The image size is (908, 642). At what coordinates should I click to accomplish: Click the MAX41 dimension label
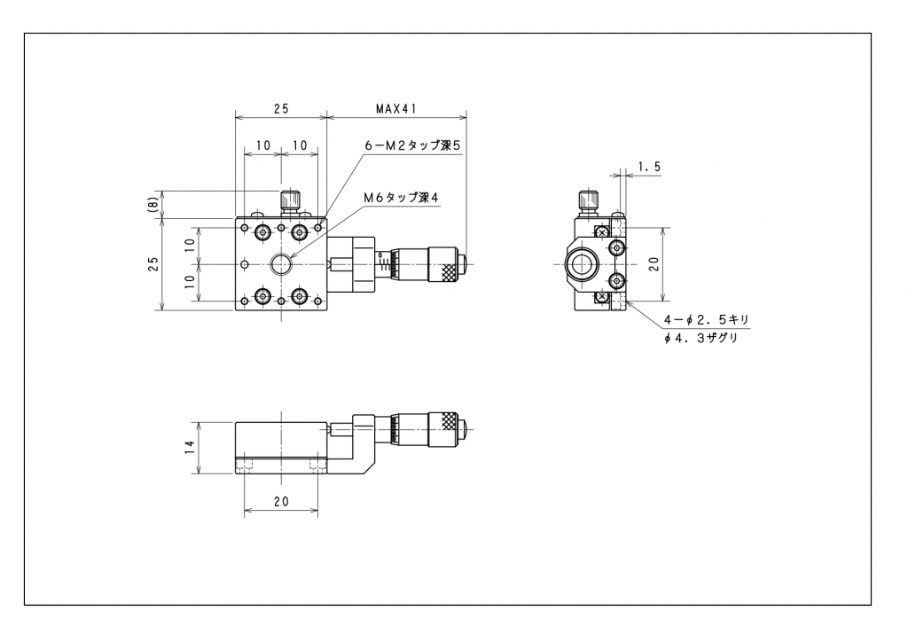[396, 108]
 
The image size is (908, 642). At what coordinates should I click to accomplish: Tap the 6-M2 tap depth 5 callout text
[412, 145]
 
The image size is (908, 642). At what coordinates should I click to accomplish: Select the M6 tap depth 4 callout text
[402, 198]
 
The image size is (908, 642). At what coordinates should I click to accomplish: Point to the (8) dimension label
[153, 205]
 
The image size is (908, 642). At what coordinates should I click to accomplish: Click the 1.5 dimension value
[649, 167]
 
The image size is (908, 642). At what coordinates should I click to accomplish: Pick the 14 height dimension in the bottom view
[190, 448]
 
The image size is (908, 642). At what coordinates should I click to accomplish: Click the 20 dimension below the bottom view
[281, 501]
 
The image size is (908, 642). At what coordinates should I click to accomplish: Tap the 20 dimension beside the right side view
[654, 264]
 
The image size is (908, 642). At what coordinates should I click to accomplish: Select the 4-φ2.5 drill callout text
[707, 319]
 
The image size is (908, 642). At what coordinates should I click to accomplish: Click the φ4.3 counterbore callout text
[701, 338]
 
